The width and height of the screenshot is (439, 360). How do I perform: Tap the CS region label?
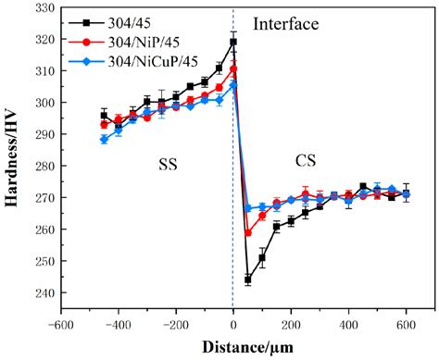(x=306, y=160)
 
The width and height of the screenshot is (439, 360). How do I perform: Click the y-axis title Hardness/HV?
(x=14, y=164)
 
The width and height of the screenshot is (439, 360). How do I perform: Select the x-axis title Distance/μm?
(x=246, y=348)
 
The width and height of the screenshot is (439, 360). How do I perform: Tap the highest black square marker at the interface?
(x=233, y=42)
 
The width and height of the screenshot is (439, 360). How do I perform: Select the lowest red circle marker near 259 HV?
(x=248, y=232)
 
